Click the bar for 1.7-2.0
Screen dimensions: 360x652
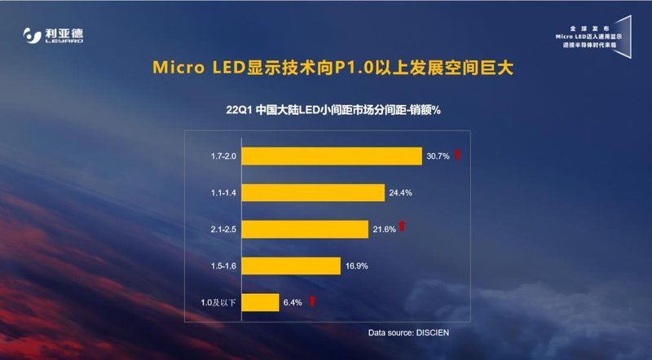coord(331,156)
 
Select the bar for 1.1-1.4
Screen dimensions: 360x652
coord(312,192)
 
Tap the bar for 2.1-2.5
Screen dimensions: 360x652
coord(302,229)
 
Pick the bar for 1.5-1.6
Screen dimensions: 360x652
coord(290,266)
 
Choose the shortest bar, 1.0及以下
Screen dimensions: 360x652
coord(260,302)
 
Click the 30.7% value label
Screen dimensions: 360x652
coord(437,156)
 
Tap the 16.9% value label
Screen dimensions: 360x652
coord(355,266)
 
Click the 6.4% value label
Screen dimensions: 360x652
coord(293,302)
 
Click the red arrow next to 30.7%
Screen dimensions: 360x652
coord(458,155)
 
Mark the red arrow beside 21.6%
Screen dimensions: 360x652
coord(402,227)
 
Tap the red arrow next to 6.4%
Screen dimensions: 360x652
coord(312,301)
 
